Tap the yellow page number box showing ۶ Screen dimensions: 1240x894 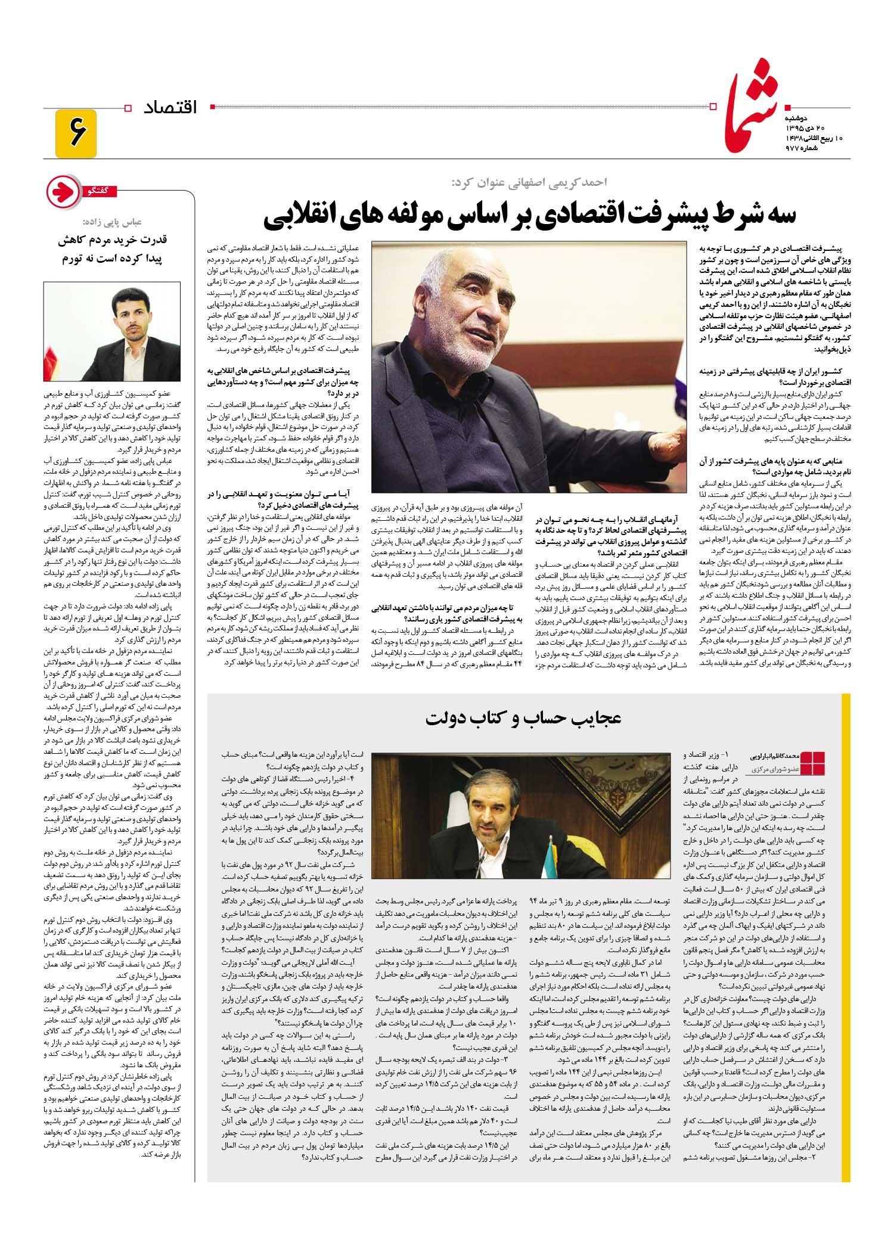pos(76,133)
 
